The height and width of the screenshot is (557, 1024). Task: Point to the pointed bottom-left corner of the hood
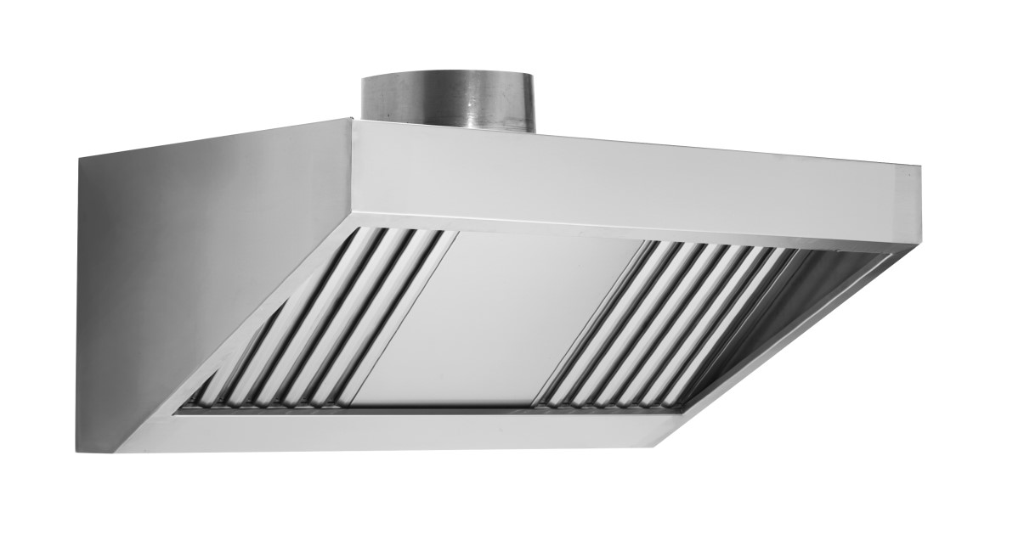(119, 451)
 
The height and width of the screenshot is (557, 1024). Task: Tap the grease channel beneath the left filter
(280, 407)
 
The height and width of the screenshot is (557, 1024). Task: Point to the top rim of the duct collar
(449, 76)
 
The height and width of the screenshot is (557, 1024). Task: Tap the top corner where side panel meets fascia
(350, 120)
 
